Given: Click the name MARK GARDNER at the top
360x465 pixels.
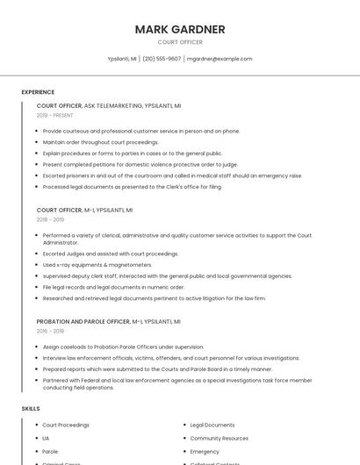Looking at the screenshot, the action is (180, 30).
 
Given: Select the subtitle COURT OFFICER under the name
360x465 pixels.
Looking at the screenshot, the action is (180, 42).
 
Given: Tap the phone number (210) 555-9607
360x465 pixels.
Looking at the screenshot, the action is (162, 59).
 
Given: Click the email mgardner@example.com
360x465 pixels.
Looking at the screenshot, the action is (220, 59).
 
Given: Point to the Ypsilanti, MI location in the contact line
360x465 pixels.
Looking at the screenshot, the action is (122, 59).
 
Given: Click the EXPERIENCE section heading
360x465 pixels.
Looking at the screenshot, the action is (38, 92).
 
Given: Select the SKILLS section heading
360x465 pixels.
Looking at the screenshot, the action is (31, 409).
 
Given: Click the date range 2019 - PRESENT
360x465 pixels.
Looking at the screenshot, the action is (55, 115).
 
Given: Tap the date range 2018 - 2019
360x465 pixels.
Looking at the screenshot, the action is (50, 220).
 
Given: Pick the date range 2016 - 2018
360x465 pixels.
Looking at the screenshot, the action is (50, 331).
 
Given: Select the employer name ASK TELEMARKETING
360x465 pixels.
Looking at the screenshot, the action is (113, 105).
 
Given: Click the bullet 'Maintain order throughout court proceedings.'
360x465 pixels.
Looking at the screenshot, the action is (101, 142).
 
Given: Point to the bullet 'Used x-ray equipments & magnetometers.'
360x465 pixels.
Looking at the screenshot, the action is (97, 264).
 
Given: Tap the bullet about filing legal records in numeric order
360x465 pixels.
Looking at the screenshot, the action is (113, 287).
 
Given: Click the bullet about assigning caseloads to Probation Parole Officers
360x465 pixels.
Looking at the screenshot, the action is (123, 347).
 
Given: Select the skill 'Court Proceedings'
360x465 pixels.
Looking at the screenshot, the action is (66, 425).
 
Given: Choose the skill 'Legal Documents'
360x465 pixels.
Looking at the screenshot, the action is (212, 425).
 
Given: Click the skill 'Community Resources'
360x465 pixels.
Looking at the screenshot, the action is (219, 438).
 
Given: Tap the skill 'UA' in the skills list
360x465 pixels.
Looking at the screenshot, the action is (46, 438).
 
